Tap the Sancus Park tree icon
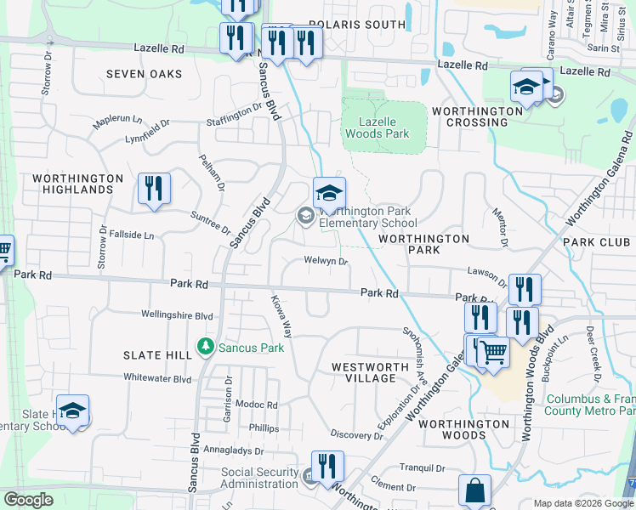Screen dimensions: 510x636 (205, 347)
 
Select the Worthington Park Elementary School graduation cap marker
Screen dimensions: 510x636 (329, 193)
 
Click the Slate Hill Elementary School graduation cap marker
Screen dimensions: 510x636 (73, 411)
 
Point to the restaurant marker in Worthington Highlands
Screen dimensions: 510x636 (154, 190)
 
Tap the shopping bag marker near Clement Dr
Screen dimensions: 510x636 (474, 490)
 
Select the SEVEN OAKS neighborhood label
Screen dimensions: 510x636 (144, 74)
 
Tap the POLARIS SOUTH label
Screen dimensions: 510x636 (357, 25)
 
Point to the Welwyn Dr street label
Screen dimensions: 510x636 (326, 262)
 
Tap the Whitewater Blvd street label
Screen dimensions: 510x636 (157, 378)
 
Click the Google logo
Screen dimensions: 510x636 (28, 500)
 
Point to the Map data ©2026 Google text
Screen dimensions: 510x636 (582, 503)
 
